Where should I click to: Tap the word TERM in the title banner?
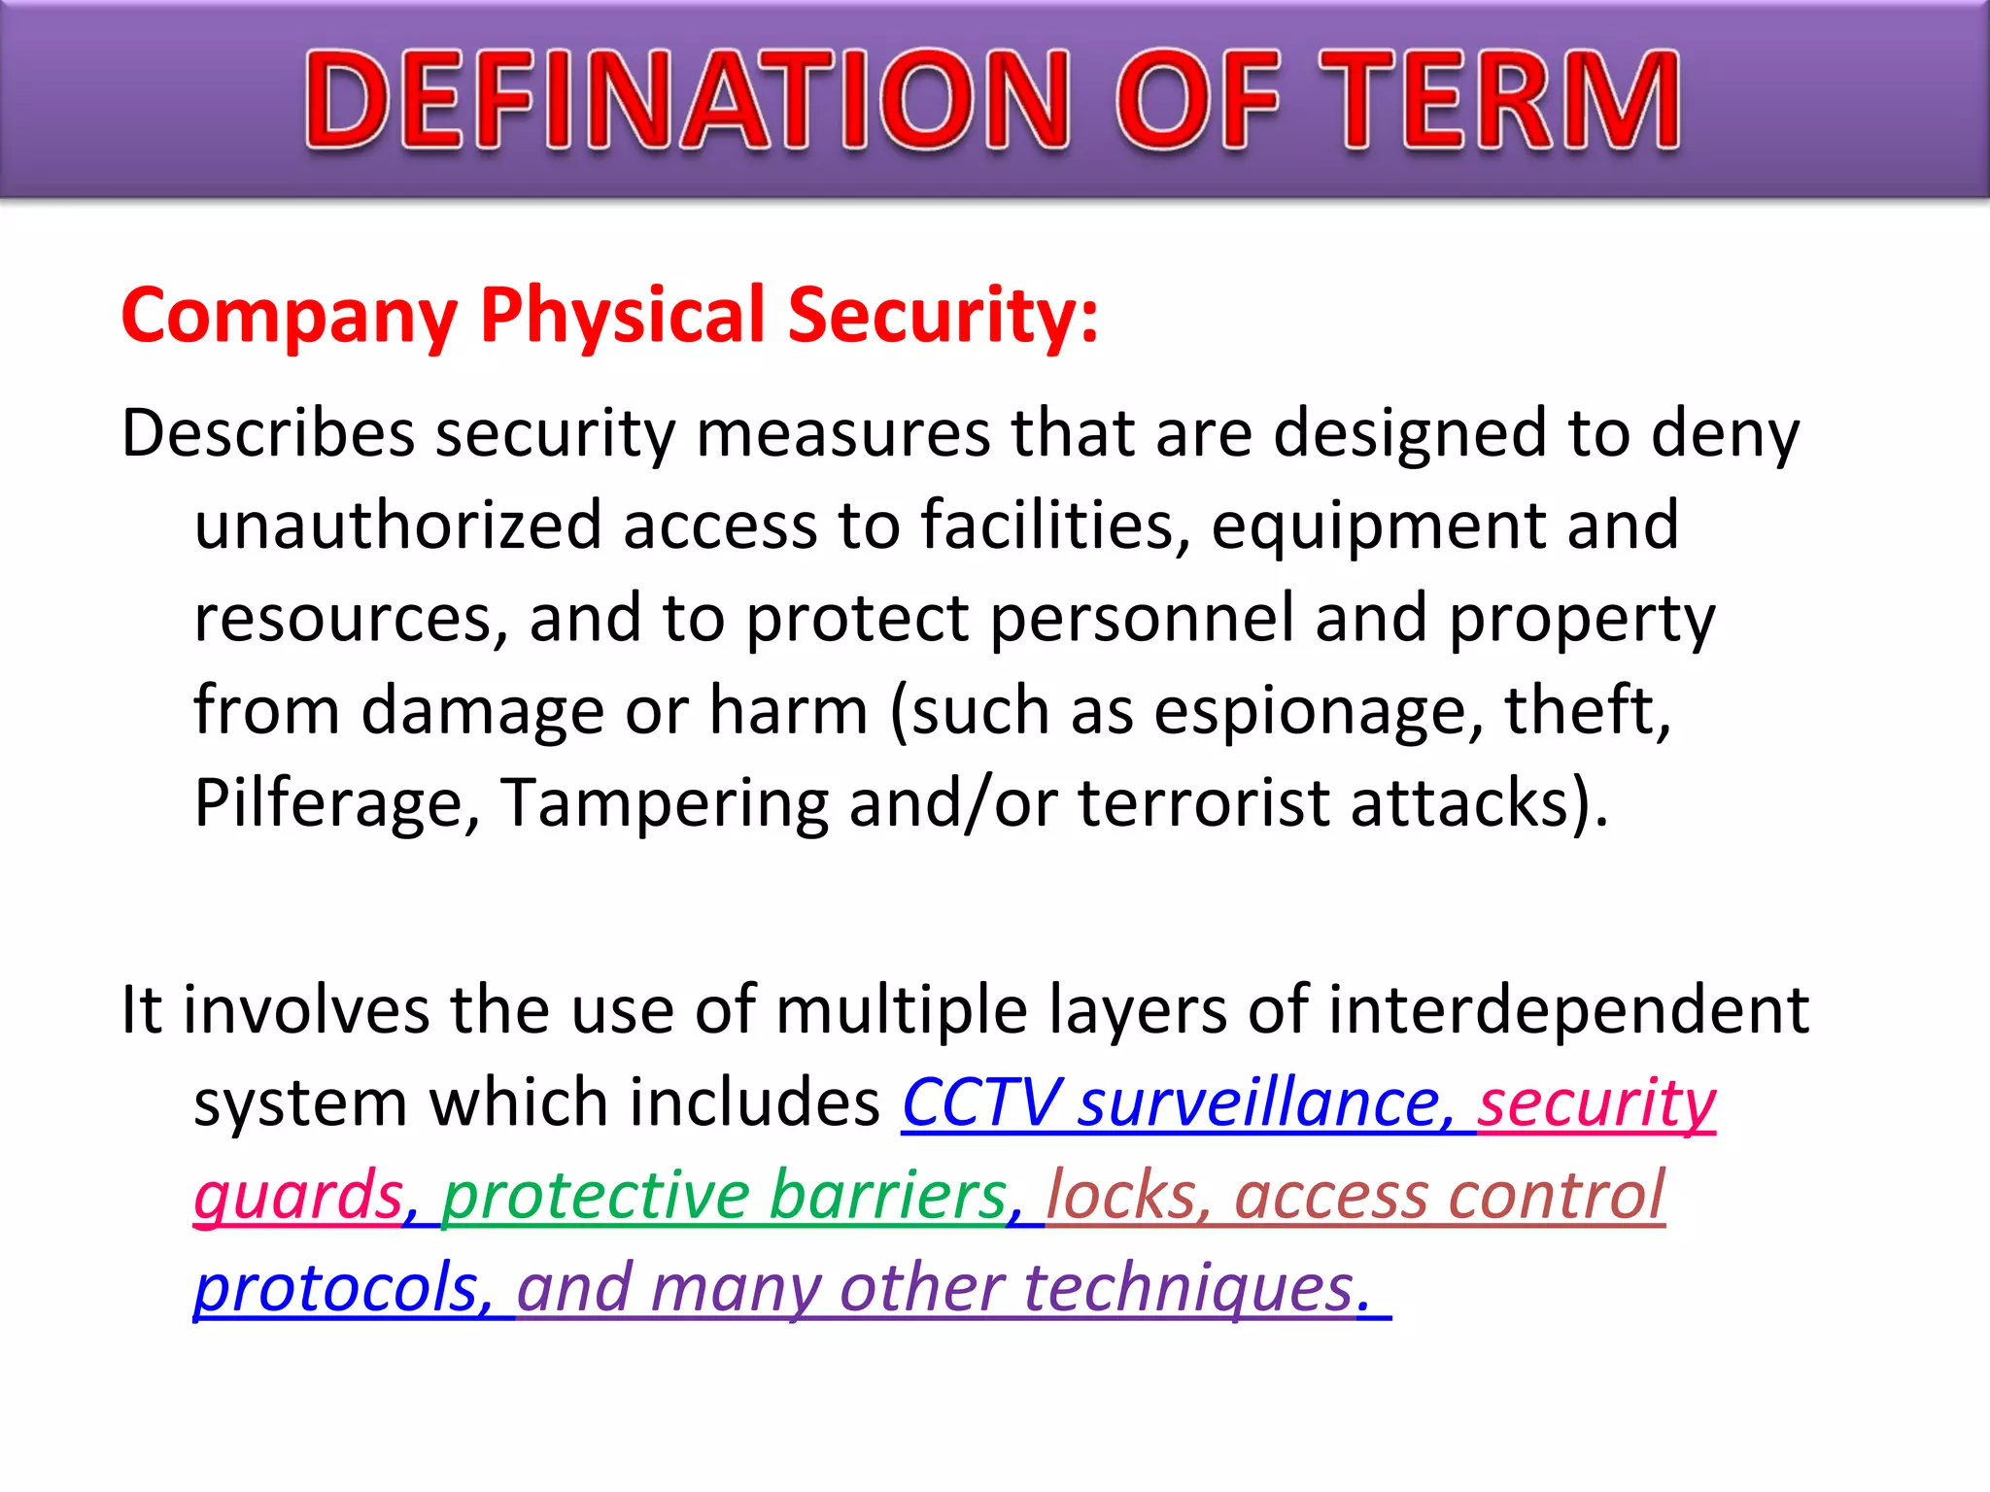tap(1497, 102)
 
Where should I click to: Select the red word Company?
tap(289, 317)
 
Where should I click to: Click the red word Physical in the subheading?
tap(623, 317)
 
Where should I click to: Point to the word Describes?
tap(268, 433)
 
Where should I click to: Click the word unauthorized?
tap(398, 526)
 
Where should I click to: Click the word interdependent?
tap(1567, 1010)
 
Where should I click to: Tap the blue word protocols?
tap(336, 1289)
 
